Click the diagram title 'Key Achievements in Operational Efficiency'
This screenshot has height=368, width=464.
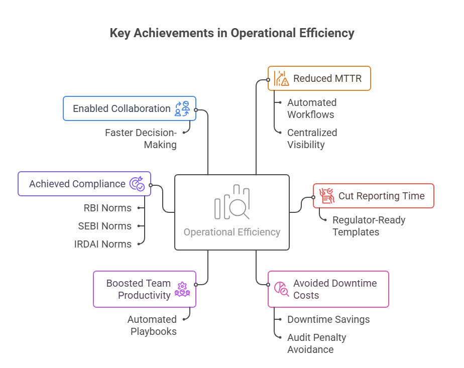pyautogui.click(x=232, y=34)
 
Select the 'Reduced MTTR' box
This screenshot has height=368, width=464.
pyautogui.click(x=319, y=78)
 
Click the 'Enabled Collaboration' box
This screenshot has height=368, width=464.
pyautogui.click(x=130, y=108)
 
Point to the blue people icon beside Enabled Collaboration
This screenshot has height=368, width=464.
pyautogui.click(x=182, y=108)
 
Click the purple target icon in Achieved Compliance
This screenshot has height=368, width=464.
pyautogui.click(x=137, y=184)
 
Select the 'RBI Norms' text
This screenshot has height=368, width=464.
pyautogui.click(x=107, y=208)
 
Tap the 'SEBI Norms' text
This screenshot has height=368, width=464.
pyautogui.click(x=104, y=226)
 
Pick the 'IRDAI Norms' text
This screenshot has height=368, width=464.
pyautogui.click(x=102, y=244)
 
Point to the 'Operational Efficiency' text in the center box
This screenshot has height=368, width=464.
pyautogui.click(x=232, y=232)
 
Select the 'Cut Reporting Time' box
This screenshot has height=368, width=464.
pyautogui.click(x=374, y=196)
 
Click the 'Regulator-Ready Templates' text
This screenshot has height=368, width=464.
pyautogui.click(x=369, y=226)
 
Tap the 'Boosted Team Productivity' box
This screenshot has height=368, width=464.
pyautogui.click(x=145, y=289)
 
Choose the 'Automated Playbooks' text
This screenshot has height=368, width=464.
pyautogui.click(x=152, y=325)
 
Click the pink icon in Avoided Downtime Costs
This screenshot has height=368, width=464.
pyautogui.click(x=281, y=289)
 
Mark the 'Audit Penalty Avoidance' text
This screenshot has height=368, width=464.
pyautogui.click(x=316, y=343)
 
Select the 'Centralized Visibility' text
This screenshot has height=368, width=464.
pyautogui.click(x=312, y=139)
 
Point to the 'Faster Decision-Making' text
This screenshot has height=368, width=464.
pyautogui.click(x=141, y=139)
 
